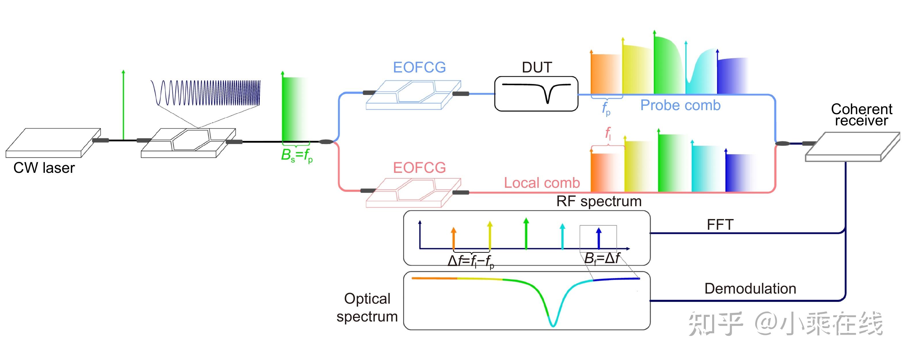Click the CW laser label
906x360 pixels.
(x=44, y=168)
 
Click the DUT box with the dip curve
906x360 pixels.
(x=536, y=94)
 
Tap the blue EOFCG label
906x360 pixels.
(x=419, y=67)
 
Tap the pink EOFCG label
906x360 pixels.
(x=419, y=168)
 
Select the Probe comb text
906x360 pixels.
(x=680, y=105)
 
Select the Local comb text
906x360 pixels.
(x=542, y=183)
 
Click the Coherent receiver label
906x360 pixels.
(x=861, y=115)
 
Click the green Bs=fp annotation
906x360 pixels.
(x=297, y=155)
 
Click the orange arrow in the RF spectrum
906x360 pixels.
(x=453, y=238)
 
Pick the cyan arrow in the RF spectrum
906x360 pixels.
(x=562, y=236)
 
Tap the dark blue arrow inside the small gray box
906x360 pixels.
(x=599, y=238)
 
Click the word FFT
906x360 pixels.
(x=720, y=225)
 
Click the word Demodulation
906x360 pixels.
(x=750, y=289)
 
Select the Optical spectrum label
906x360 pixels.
(x=367, y=307)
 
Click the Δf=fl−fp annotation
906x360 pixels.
(x=471, y=261)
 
